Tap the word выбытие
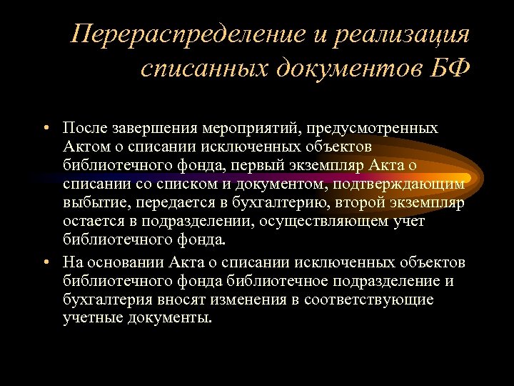point(90,203)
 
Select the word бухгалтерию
point(289,203)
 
